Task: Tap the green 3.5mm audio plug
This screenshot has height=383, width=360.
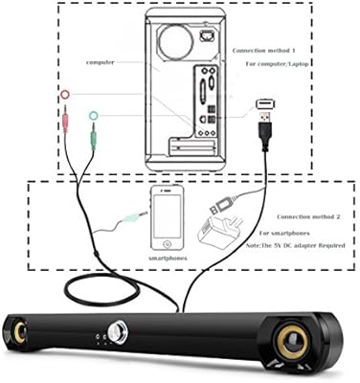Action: (x=93, y=144)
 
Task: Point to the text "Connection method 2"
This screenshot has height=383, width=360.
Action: (x=299, y=219)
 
